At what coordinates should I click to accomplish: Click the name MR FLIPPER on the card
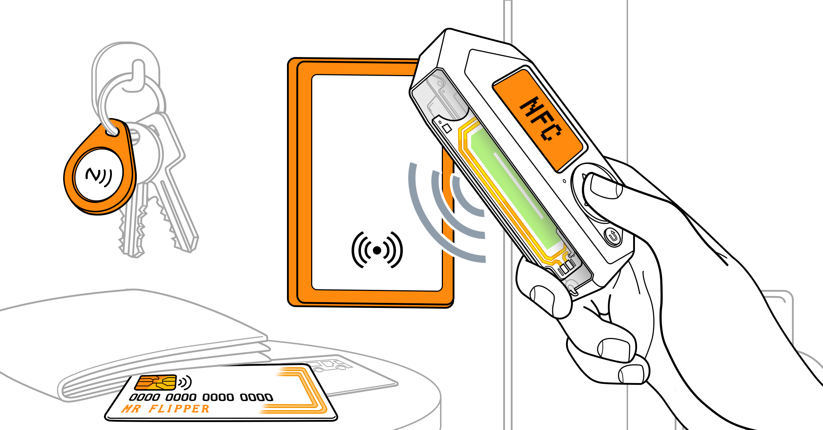click(x=165, y=409)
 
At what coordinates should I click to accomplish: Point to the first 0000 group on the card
click(x=144, y=398)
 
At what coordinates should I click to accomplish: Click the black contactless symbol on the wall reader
click(x=377, y=250)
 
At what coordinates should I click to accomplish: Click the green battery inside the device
click(x=516, y=188)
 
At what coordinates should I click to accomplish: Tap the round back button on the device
click(x=613, y=236)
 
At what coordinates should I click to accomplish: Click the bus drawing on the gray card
click(x=330, y=365)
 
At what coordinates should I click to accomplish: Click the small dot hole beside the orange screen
click(x=565, y=181)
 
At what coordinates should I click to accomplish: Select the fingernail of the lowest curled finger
click(x=631, y=374)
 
